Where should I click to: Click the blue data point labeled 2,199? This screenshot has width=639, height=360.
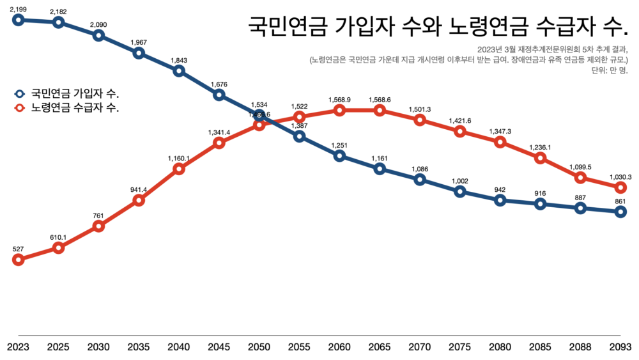(18, 19)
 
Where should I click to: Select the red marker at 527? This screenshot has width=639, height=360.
(18, 260)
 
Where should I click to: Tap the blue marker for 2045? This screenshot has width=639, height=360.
(219, 95)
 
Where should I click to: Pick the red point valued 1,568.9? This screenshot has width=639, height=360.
(339, 110)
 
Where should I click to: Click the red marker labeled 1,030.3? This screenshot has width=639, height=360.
(620, 187)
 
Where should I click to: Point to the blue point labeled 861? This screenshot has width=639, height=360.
(620, 212)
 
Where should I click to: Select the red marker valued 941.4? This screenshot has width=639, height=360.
(139, 200)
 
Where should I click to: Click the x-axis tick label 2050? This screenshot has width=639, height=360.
(259, 347)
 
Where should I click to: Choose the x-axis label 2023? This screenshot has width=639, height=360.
(18, 347)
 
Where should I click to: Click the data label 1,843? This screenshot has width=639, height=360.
(179, 61)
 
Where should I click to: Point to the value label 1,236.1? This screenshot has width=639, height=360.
(540, 148)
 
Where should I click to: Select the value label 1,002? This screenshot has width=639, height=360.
(459, 181)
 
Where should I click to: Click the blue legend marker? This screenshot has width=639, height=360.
(19, 93)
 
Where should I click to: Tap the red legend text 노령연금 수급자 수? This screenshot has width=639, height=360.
(76, 107)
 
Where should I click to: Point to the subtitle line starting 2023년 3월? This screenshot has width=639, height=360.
(553, 49)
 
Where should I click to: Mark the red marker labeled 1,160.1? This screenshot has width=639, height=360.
(179, 169)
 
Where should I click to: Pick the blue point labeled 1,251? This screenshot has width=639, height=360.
(339, 155)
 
